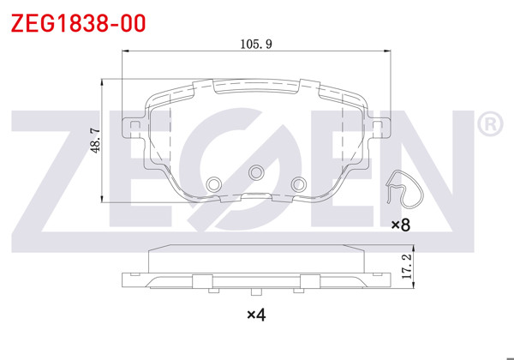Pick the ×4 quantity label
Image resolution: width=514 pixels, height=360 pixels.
(256, 315)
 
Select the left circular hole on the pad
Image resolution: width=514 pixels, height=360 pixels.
(214, 183)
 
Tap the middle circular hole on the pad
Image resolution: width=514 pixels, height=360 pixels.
(255, 173)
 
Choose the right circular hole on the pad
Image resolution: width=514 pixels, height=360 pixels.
(298, 183)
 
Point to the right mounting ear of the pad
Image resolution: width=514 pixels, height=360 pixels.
(377, 126)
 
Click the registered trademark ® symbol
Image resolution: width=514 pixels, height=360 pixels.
(488, 125)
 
